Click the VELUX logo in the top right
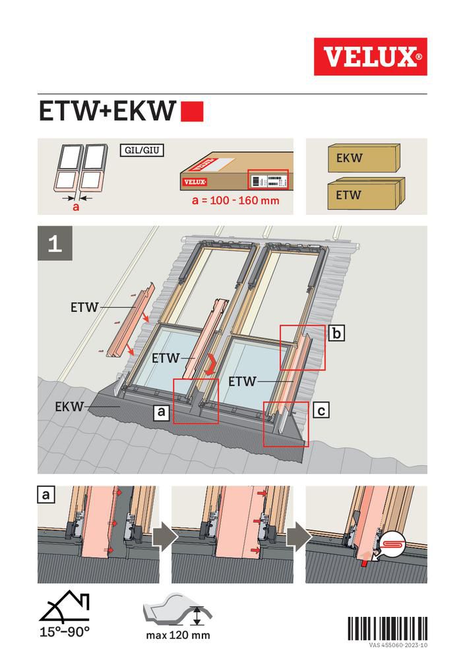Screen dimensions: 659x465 [370, 57]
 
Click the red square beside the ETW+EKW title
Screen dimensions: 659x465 [192, 112]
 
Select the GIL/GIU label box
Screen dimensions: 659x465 [142, 150]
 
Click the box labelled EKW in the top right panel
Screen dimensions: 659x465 [365, 159]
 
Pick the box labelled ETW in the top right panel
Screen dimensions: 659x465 [365, 194]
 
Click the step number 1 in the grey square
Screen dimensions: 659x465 [55, 243]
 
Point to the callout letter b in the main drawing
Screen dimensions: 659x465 [336, 334]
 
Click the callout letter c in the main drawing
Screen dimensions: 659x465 [321, 411]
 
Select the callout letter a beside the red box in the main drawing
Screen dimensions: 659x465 [160, 413]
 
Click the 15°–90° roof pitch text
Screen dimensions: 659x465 [63, 630]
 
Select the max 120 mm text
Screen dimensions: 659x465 [178, 635]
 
